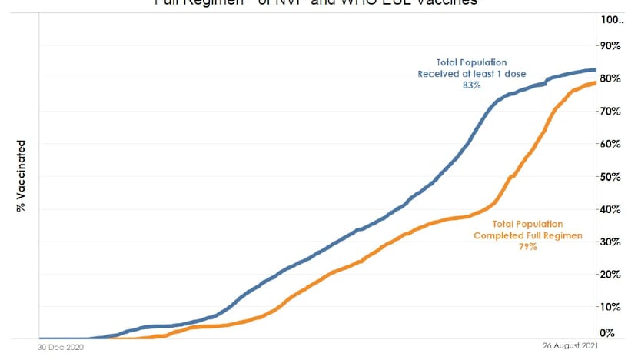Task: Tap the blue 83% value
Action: tap(472, 85)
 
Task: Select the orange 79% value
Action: tap(527, 247)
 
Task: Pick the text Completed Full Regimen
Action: tap(527, 235)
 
